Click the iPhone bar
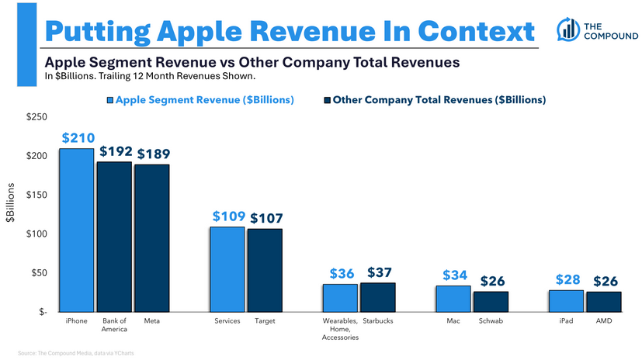[x=77, y=230]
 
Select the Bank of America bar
[x=114, y=237]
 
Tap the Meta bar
[x=151, y=237]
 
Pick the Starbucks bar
[x=378, y=297]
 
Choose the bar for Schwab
[x=491, y=301]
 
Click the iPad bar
[x=566, y=300]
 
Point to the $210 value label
[x=77, y=138]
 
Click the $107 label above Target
[x=266, y=219]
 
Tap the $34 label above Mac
[x=456, y=275]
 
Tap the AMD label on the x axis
[x=603, y=320]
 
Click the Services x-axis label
[x=227, y=320]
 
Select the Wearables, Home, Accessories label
[x=340, y=329]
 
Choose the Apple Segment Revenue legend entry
[x=200, y=100]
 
